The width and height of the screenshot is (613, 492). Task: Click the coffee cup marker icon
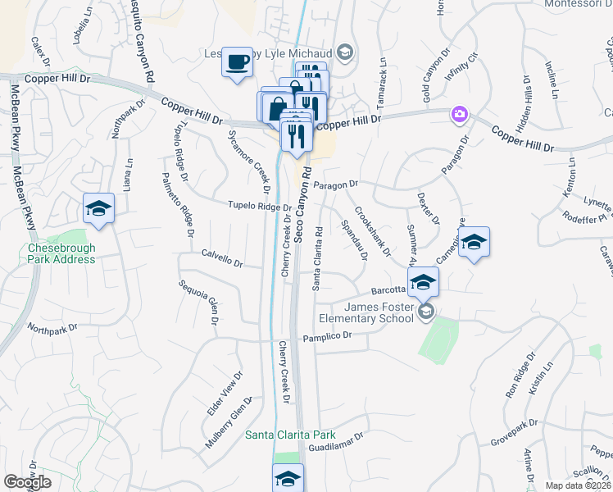(237, 62)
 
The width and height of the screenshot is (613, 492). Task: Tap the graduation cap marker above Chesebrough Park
(98, 208)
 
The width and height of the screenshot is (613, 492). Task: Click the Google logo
(27, 482)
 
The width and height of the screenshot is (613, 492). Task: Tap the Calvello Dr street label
(222, 258)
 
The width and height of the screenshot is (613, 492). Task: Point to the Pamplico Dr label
(327, 335)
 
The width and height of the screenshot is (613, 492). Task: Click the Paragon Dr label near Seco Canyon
(336, 184)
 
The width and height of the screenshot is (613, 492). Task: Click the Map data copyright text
(578, 485)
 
